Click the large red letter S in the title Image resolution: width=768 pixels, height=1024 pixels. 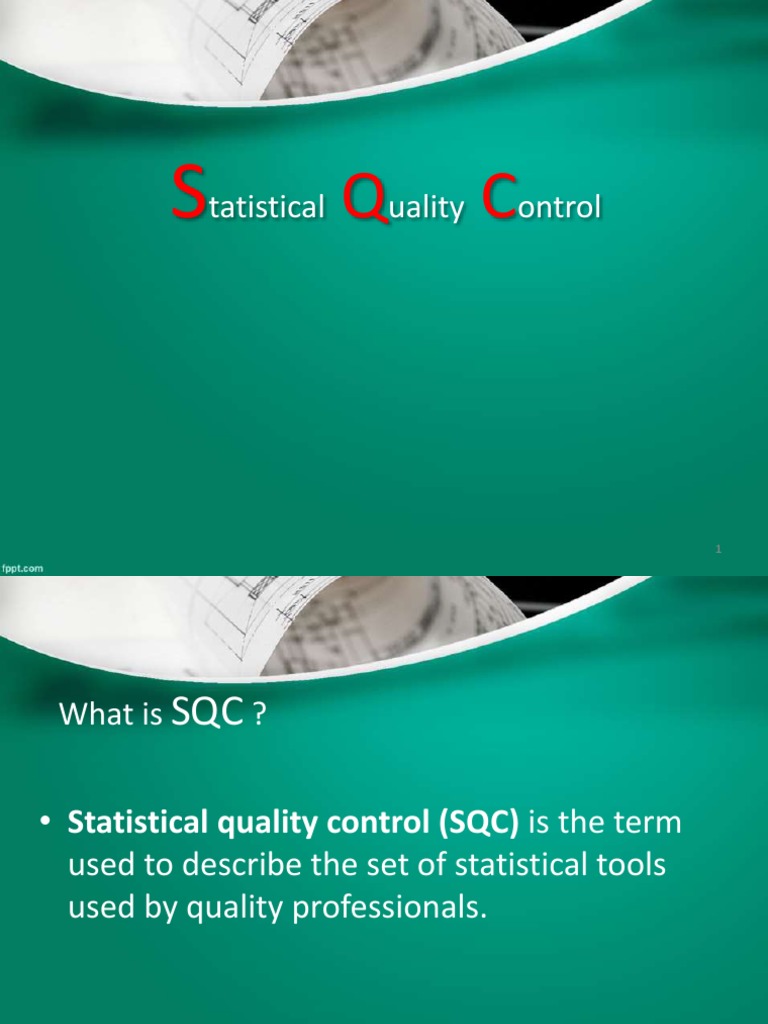pyautogui.click(x=185, y=195)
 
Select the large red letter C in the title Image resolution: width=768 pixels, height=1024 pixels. pyautogui.click(x=497, y=196)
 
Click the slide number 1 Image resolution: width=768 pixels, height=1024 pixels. pyautogui.click(x=719, y=549)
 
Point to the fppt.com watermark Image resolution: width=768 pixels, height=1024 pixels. pyautogui.click(x=22, y=568)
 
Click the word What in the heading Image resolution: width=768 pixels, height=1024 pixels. pyautogui.click(x=94, y=715)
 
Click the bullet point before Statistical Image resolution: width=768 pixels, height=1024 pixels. pyautogui.click(x=44, y=823)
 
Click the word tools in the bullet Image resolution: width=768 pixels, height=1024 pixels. pyautogui.click(x=628, y=865)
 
